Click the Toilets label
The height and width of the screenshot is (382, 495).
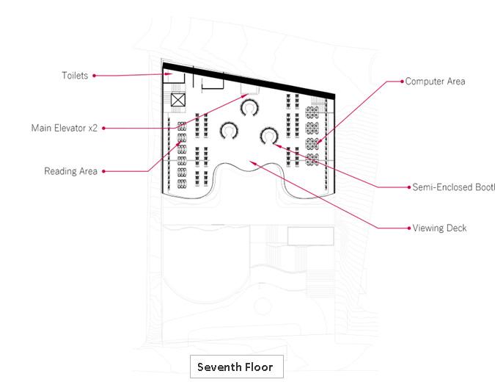coord(76,75)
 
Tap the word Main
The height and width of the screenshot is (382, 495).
coord(42,128)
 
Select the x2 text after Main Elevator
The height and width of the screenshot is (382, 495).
coord(92,128)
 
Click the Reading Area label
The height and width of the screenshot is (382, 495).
coord(70,171)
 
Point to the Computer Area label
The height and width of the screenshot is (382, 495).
coord(435,82)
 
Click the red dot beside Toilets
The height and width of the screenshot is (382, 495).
coord(95,75)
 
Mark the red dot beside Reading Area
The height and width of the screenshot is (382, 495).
coord(103,171)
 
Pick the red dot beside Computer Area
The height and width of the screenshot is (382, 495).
coord(401,82)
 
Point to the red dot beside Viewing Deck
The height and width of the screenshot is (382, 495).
coord(408,228)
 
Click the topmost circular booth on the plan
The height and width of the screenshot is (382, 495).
coord(250,108)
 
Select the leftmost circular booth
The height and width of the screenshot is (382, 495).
coord(230,132)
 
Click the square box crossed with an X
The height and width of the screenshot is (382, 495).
coord(177,101)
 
